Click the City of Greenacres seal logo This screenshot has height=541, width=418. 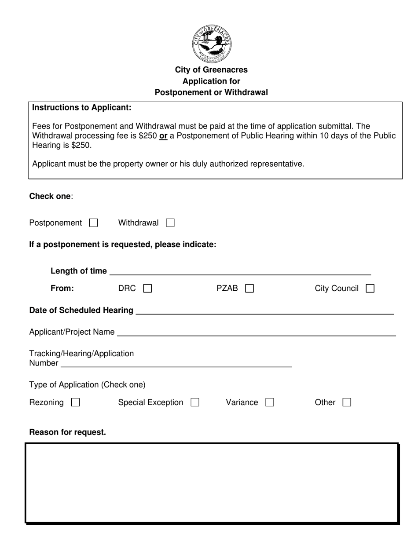(211, 44)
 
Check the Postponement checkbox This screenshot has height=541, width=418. (93, 223)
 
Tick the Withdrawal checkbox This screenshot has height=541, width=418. (170, 223)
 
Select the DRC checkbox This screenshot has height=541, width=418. (148, 289)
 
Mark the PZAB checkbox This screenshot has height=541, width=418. (249, 289)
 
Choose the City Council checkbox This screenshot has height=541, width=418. (370, 289)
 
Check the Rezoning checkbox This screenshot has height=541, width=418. (75, 402)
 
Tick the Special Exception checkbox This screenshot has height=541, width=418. (195, 402)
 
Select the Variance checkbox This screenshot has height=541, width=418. (269, 402)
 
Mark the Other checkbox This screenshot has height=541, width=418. (347, 402)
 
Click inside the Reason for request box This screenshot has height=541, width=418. (212, 483)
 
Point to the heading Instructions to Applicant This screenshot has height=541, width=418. (82, 107)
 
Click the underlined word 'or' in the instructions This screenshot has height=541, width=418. (163, 136)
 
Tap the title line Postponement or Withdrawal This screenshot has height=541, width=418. (211, 92)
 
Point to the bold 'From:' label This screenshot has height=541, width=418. (62, 289)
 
